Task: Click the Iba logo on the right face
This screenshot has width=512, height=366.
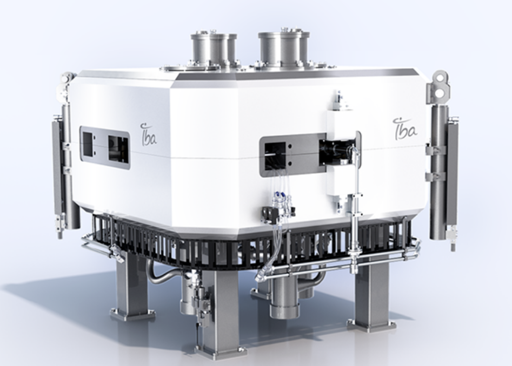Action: [x=405, y=128]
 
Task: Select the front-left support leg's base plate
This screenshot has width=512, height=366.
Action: [x=133, y=314]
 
